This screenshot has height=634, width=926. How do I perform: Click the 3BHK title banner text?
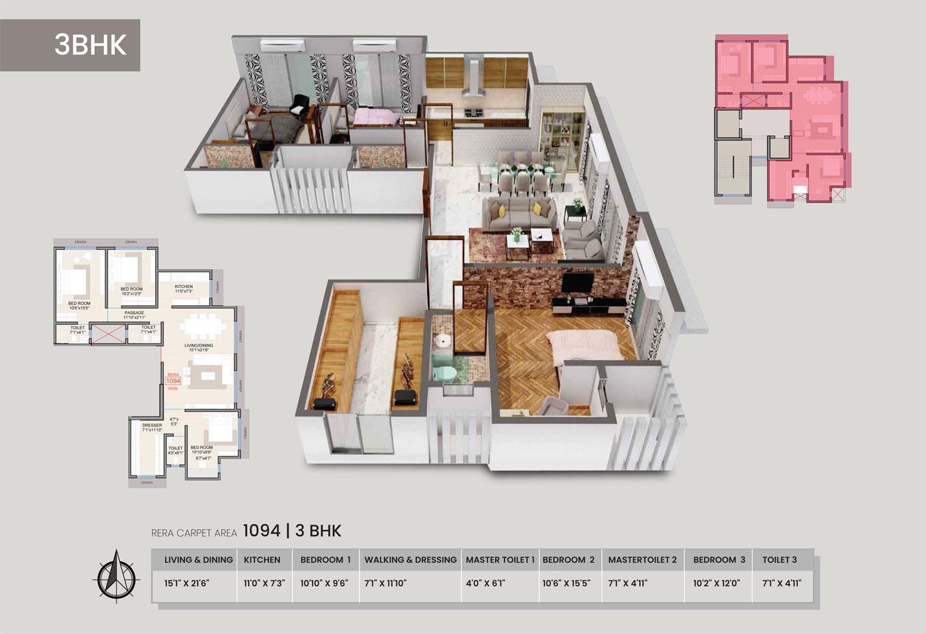tap(90, 45)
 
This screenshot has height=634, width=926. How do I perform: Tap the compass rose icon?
tap(116, 574)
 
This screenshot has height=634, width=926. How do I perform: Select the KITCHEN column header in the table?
tap(262, 560)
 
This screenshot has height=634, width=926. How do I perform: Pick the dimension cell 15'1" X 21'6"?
tap(187, 583)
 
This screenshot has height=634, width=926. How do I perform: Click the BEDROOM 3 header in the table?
tap(719, 560)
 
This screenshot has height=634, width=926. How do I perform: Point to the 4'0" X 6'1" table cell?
tap(485, 583)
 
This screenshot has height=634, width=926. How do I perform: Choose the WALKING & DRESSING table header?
tap(410, 560)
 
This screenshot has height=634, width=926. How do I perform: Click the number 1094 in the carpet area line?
tap(261, 531)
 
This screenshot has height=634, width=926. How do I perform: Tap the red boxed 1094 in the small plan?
tap(173, 381)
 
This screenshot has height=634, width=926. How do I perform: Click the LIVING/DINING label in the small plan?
tap(199, 345)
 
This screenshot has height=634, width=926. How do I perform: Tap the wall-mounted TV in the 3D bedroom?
tap(575, 283)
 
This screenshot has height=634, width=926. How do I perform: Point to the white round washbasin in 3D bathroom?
tap(442, 341)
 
